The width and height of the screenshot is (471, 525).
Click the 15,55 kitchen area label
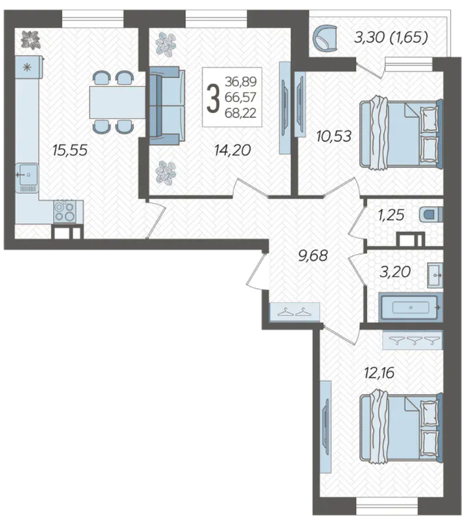click(x=70, y=150)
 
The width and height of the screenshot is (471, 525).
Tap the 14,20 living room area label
click(x=233, y=150)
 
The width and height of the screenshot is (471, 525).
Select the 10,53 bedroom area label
click(x=334, y=136)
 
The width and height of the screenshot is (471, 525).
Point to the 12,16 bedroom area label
click(x=379, y=373)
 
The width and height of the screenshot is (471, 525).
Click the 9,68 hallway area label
click(x=313, y=256)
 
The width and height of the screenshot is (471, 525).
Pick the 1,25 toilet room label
click(x=391, y=215)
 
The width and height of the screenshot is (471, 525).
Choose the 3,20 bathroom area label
click(x=395, y=271)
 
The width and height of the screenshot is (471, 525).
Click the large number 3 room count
click(x=213, y=97)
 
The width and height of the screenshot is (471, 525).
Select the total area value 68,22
click(x=241, y=113)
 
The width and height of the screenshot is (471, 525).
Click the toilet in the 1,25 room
click(x=431, y=214)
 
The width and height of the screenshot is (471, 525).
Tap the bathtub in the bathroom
click(x=410, y=307)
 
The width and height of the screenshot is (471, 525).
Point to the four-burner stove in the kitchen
click(x=65, y=212)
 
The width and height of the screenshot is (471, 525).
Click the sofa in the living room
click(x=167, y=105)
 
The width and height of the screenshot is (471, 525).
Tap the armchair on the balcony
click(x=325, y=38)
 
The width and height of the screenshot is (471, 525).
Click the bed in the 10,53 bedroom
click(x=401, y=133)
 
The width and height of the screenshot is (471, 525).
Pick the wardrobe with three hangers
click(x=412, y=340)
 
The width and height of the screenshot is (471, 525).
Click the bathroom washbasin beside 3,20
click(x=435, y=275)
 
